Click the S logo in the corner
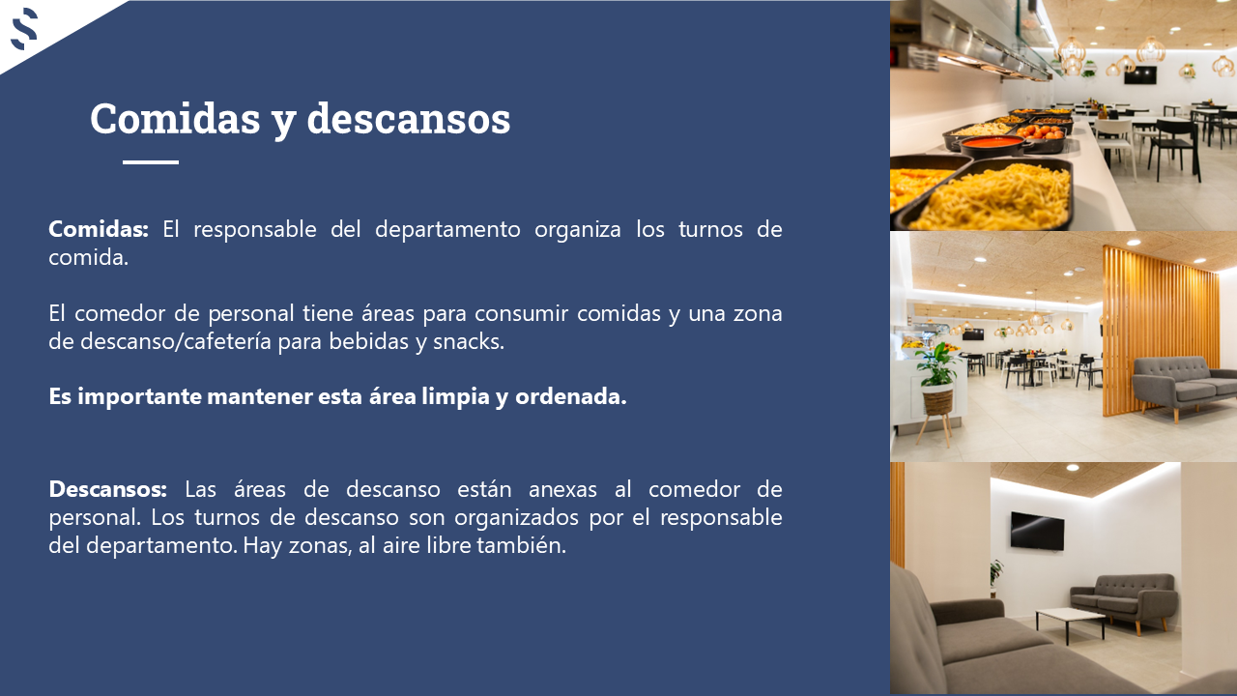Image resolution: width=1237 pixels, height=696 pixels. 24,29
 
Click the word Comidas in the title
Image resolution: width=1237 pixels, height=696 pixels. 175,118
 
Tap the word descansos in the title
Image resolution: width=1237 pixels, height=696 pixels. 408,118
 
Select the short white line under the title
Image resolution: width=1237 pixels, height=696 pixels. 151,162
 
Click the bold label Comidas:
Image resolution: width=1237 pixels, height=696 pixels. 99,229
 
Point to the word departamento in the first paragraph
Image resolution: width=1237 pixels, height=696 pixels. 447,230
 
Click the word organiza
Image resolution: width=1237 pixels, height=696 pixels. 578,230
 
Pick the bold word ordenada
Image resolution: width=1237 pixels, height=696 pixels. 570,396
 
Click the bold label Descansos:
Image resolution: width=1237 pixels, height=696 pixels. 107,489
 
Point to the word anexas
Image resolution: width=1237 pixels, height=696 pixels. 562,490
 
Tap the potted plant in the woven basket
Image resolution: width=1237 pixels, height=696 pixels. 937,381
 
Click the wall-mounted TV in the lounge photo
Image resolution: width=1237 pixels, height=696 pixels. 1037,532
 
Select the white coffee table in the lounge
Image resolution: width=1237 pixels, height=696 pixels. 1070,623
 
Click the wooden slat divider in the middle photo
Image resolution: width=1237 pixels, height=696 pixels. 1160,332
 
